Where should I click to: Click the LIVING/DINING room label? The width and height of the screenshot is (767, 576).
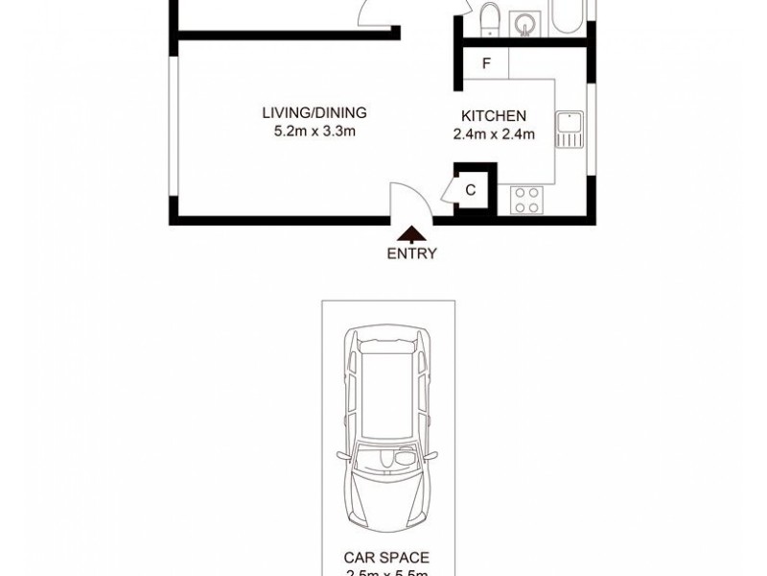(x=314, y=113)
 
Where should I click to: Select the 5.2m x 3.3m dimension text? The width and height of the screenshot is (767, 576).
(x=314, y=132)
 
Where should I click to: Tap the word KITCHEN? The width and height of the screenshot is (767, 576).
(x=494, y=116)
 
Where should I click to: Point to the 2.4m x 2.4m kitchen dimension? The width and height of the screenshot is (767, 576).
(x=494, y=134)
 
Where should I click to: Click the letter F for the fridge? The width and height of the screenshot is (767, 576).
(x=486, y=64)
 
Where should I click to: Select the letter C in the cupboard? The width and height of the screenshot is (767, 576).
(x=471, y=190)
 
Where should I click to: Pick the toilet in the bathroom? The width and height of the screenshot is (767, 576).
(x=491, y=18)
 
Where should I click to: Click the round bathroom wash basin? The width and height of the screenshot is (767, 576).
(x=524, y=18)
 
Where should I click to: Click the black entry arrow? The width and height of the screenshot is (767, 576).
(x=412, y=233)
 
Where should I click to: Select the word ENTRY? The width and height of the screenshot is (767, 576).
(x=412, y=254)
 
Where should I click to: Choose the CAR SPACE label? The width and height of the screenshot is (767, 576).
(x=386, y=556)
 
